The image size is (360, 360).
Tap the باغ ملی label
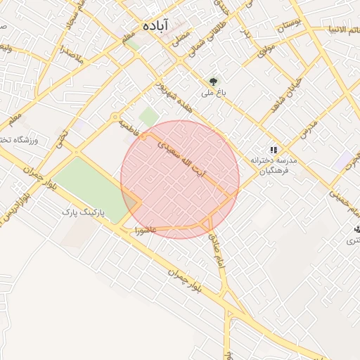213,92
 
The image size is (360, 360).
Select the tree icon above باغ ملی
213,80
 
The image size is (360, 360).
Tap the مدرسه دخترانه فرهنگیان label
274,165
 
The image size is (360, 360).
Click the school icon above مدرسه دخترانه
274,150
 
